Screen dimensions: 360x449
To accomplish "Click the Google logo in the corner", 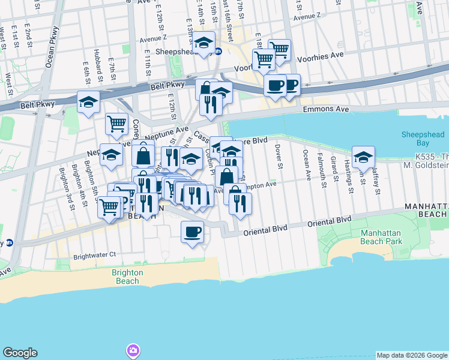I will pyautogui.click(x=20, y=353).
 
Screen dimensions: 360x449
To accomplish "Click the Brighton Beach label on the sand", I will pyautogui.click(x=127, y=277).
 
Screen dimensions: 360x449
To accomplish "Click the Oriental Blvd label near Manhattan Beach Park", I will pyautogui.click(x=329, y=221).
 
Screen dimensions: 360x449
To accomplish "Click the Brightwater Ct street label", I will pyautogui.click(x=94, y=255).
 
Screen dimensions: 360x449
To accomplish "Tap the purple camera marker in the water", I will pyautogui.click(x=133, y=350).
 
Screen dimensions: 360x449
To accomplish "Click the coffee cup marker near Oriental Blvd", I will pyautogui.click(x=192, y=232).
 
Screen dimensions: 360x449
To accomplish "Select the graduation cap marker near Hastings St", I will pyautogui.click(x=363, y=157).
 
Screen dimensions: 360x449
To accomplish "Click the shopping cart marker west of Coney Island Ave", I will pyautogui.click(x=117, y=124).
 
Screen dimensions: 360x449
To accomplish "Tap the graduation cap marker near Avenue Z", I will pyautogui.click(x=204, y=43).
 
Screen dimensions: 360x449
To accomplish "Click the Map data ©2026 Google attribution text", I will pyautogui.click(x=411, y=355).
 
